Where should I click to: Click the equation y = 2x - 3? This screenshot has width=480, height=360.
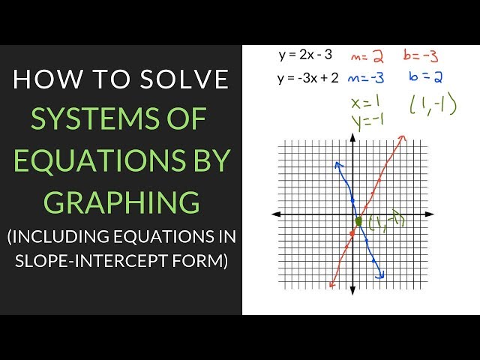[x=305, y=55]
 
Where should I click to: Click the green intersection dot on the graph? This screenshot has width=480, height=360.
[x=358, y=221]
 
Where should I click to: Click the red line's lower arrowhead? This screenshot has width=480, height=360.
[x=332, y=283]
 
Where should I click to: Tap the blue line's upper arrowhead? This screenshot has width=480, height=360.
[x=338, y=165]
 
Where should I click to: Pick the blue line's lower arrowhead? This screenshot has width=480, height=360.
[x=380, y=275]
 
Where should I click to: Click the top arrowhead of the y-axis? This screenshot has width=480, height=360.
[x=352, y=137]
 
